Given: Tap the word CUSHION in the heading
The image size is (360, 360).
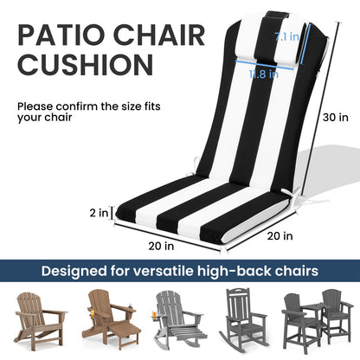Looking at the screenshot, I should tap(79, 65).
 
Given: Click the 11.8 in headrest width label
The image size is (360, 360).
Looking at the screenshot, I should tap(263, 74).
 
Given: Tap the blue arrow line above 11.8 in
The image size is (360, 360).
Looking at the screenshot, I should tap(263, 64).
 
